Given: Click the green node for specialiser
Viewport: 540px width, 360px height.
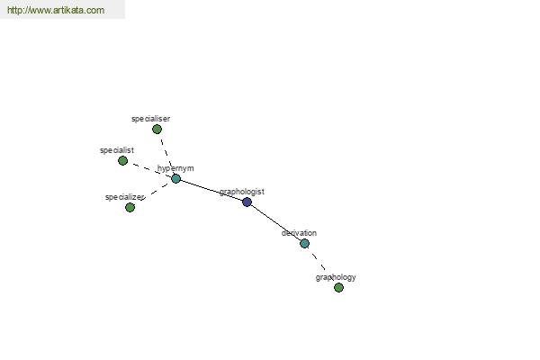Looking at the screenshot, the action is tap(157, 130).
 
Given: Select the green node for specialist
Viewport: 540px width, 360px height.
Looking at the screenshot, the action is tap(122, 160).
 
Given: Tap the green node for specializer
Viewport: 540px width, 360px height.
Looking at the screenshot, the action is tap(130, 207).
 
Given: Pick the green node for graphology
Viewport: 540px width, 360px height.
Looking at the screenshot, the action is tap(338, 287).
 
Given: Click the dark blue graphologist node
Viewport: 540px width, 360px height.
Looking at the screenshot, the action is tap(247, 202).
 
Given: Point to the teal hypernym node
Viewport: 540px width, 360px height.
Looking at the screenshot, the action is tap(175, 178).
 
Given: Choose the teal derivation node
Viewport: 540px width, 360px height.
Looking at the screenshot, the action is tap(304, 244).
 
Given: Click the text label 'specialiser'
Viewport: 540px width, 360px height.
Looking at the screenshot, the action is tap(150, 119).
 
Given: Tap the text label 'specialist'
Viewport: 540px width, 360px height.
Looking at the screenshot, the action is tap(117, 150).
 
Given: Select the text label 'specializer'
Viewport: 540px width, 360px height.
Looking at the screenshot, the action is tap(125, 197).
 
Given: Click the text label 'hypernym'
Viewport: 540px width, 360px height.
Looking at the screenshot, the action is tap(175, 168).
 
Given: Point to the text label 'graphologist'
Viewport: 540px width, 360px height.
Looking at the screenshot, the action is tap(242, 192).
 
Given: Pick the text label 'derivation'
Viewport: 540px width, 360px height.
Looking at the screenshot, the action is tap(299, 233).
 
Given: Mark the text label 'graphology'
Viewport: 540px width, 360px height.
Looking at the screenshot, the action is tap(336, 278).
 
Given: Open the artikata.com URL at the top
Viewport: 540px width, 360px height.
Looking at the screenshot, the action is tap(56, 10).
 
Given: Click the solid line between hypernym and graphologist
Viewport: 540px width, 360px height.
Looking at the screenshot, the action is tap(211, 190).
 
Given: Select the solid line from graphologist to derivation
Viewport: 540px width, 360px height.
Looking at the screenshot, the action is tap(275, 222).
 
